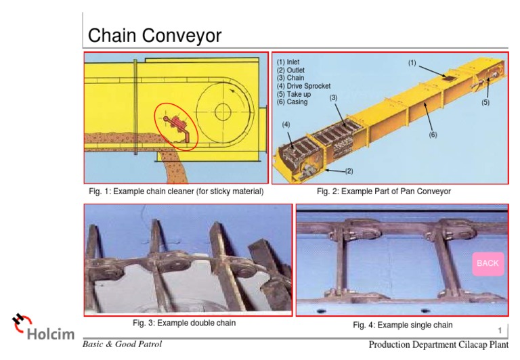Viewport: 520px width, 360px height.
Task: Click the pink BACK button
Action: pos(487,263)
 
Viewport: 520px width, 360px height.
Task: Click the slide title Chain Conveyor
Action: pos(155,35)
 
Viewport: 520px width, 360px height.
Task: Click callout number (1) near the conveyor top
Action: pos(412,63)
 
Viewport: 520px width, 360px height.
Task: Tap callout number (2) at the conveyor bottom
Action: pos(349,171)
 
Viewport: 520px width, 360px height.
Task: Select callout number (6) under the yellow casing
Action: pos(433,135)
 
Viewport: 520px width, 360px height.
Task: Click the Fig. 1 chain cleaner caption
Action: pos(176,192)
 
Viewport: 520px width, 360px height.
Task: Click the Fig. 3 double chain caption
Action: pos(184,323)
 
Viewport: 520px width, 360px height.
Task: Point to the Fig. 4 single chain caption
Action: pos(403,325)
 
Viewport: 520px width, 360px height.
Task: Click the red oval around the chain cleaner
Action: pos(176,126)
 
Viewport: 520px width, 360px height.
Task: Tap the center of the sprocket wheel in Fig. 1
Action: pos(223,111)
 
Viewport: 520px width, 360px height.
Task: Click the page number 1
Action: pos(500,331)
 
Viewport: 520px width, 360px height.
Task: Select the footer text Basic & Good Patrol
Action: pos(123,344)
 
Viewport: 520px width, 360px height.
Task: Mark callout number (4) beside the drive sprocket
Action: pos(286,125)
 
